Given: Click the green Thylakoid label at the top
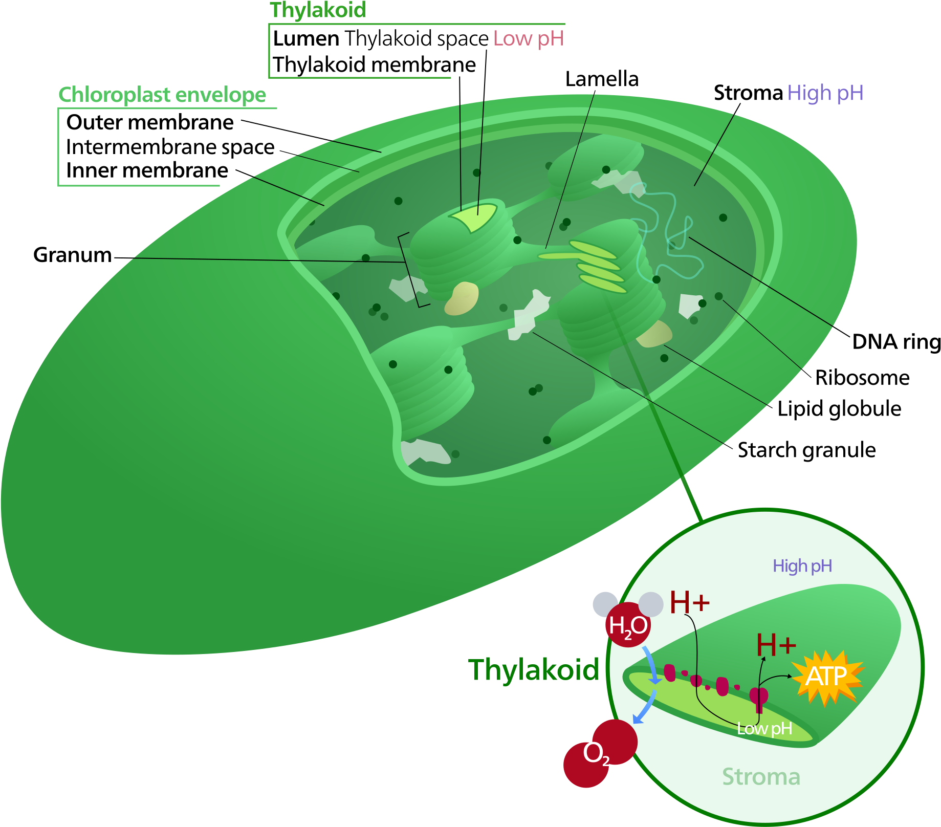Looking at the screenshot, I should tap(318, 10).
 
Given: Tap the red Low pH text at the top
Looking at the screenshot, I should tap(528, 39).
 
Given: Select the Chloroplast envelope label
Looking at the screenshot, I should tap(162, 95).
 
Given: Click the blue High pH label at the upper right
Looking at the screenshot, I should tap(825, 93).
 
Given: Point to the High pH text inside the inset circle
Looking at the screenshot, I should tap(802, 566).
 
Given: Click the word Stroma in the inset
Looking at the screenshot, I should tap(761, 777).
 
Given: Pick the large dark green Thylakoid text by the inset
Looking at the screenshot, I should tap(533, 670).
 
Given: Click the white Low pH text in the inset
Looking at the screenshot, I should tap(764, 729).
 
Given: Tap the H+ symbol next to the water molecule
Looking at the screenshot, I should tap(689, 602).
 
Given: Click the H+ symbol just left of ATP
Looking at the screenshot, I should tap(776, 645).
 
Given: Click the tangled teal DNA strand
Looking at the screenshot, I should tap(665, 230).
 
